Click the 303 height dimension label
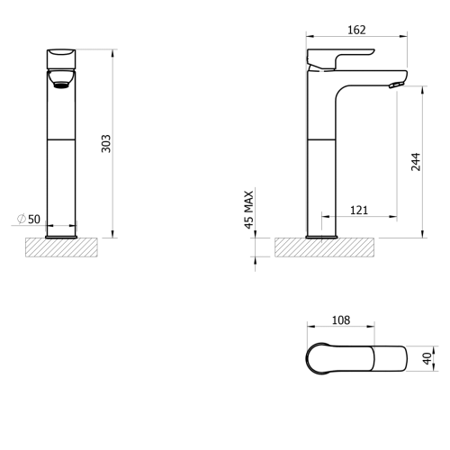coord(106,144)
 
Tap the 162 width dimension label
coord(356,30)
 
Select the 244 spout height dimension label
coord(416,162)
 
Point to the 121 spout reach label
coord(359,211)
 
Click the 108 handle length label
coord(341,320)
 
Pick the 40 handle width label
coord(427,359)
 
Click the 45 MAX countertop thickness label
coord(249,210)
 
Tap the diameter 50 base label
coord(29,219)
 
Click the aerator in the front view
coord(61,85)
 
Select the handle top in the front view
coord(61,59)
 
